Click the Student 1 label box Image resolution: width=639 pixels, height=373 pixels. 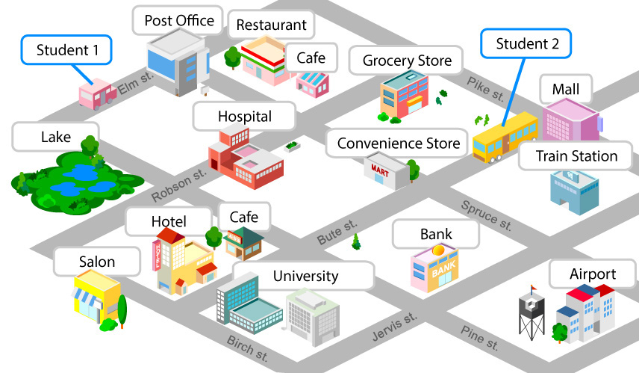point(66,51)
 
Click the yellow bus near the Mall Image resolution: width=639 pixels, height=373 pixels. point(505,137)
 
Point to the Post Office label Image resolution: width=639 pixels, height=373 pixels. point(178,20)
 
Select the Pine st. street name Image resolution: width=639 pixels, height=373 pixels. point(479,336)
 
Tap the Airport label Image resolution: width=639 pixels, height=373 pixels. point(592,274)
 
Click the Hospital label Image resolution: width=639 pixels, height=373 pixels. point(244,117)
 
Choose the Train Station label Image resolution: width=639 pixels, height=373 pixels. point(579,156)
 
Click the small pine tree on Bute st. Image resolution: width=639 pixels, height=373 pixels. point(357,241)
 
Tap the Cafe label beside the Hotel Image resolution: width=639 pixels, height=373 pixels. point(243,217)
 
